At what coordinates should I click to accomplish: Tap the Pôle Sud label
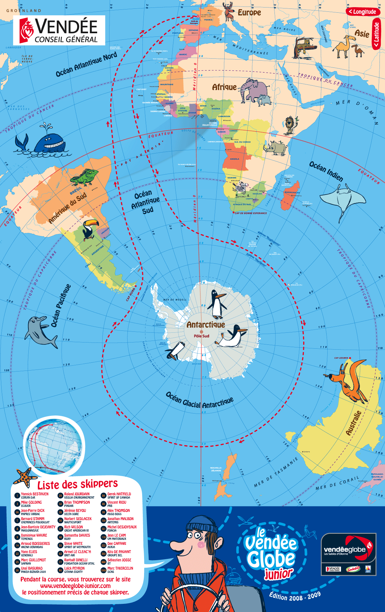click(201, 336)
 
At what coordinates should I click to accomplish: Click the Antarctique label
click(206, 325)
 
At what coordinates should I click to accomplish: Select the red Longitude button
click(363, 12)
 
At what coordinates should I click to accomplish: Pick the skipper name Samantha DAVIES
click(77, 535)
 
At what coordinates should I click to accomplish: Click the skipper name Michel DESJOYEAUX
click(122, 527)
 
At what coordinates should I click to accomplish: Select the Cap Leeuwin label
click(341, 358)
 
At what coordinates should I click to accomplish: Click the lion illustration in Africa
click(290, 125)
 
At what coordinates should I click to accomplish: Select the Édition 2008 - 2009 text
click(295, 596)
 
